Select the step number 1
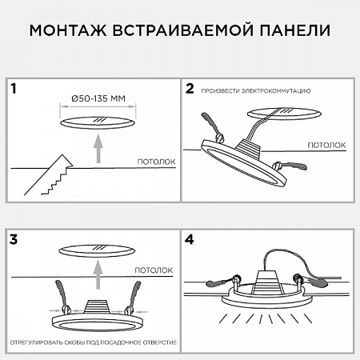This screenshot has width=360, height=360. coord(14,87)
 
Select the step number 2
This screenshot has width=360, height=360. coord(190,87)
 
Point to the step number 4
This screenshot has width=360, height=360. coord(190,238)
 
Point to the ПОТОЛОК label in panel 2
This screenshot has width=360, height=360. coord(327,145)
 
